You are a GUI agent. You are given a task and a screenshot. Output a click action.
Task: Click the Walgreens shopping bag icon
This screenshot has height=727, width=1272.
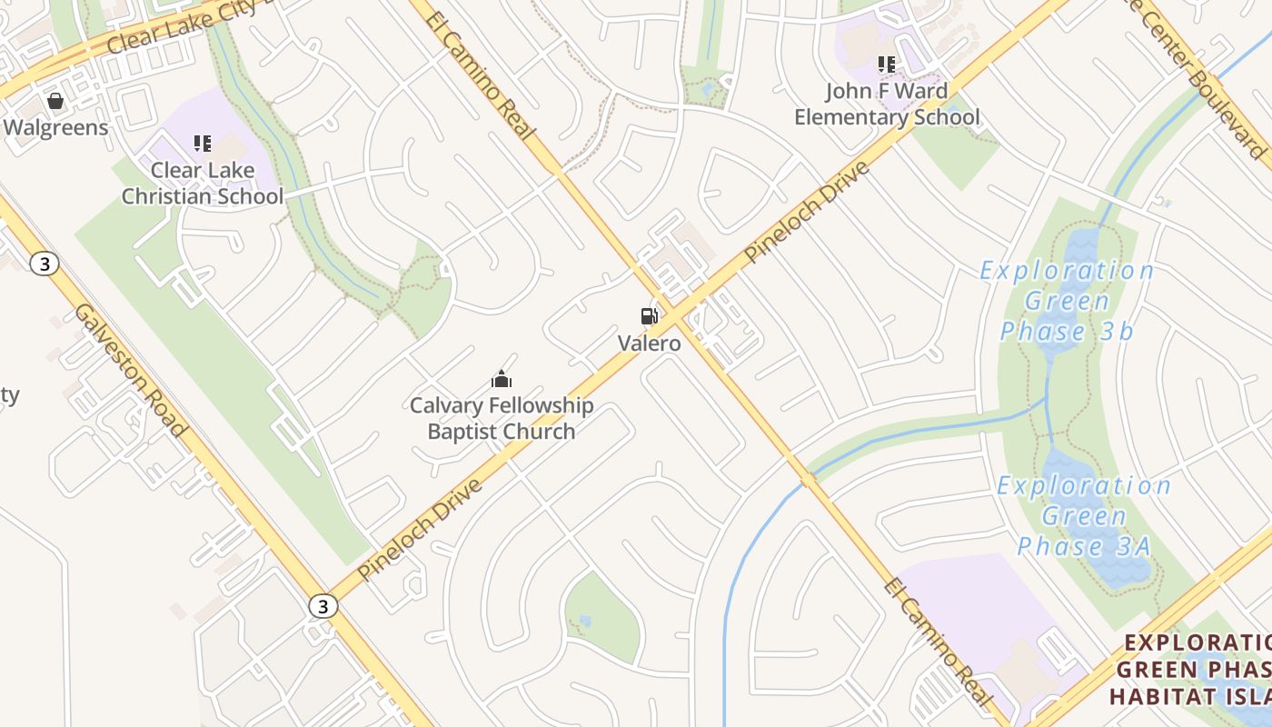click(x=55, y=101)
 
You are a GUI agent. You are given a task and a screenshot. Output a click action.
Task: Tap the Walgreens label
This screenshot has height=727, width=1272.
click(x=55, y=127)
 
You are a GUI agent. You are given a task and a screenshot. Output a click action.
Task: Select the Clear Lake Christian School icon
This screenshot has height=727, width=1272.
click(x=202, y=144)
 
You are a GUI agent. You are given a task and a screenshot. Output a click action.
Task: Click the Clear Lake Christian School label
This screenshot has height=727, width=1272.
click(x=203, y=183)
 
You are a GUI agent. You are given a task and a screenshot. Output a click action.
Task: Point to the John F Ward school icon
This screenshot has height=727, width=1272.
click(x=886, y=65)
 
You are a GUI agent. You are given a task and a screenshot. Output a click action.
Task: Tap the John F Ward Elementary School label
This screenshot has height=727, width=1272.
click(x=887, y=105)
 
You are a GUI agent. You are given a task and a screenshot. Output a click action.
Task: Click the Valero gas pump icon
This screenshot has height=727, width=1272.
click(x=649, y=316)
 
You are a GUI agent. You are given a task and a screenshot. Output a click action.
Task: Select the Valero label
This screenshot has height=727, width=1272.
click(x=649, y=344)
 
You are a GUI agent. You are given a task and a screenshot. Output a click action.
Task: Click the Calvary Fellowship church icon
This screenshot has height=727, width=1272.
click(x=501, y=379)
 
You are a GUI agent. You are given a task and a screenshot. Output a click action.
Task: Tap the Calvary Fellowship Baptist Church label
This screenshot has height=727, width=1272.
click(x=502, y=418)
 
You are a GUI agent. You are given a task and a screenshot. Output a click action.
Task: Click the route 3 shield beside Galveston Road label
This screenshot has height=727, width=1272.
click(x=44, y=264)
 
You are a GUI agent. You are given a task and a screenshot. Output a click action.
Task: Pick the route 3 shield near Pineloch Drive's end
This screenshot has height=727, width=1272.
click(x=322, y=606)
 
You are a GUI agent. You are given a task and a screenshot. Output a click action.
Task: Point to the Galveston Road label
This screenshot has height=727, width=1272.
click(x=131, y=370)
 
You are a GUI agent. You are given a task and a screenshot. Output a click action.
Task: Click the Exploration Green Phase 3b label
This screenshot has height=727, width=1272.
click(x=1068, y=301)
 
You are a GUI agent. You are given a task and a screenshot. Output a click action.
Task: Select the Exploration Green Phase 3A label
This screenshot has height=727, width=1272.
click(x=1084, y=515)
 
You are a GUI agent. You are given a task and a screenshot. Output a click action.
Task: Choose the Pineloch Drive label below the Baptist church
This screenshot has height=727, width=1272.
click(x=420, y=529)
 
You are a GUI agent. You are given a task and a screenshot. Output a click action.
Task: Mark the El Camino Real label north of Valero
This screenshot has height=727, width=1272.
click(x=479, y=75)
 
